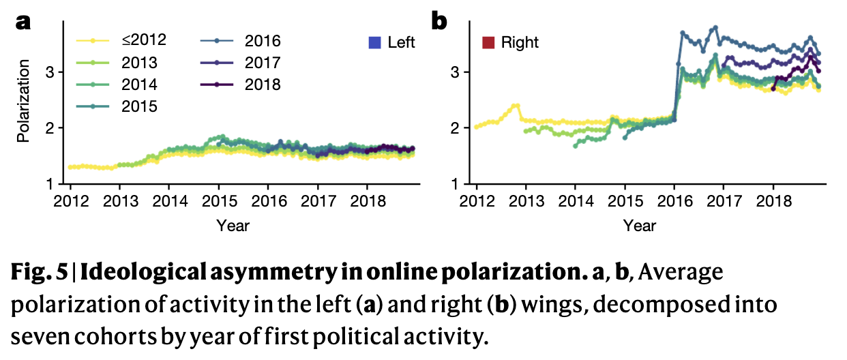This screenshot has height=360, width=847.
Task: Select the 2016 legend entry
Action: [242, 41]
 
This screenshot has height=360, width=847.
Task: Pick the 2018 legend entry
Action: [242, 85]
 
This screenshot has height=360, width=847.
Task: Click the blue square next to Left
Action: [374, 42]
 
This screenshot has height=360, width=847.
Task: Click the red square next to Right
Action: [488, 42]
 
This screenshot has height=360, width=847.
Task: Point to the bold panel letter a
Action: [24, 22]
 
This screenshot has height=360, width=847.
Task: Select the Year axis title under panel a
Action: [233, 225]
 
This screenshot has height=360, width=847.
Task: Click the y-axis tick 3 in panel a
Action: [59, 72]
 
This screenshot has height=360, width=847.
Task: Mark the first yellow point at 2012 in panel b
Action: [476, 127]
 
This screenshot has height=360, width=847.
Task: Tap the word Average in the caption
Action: [681, 273]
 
